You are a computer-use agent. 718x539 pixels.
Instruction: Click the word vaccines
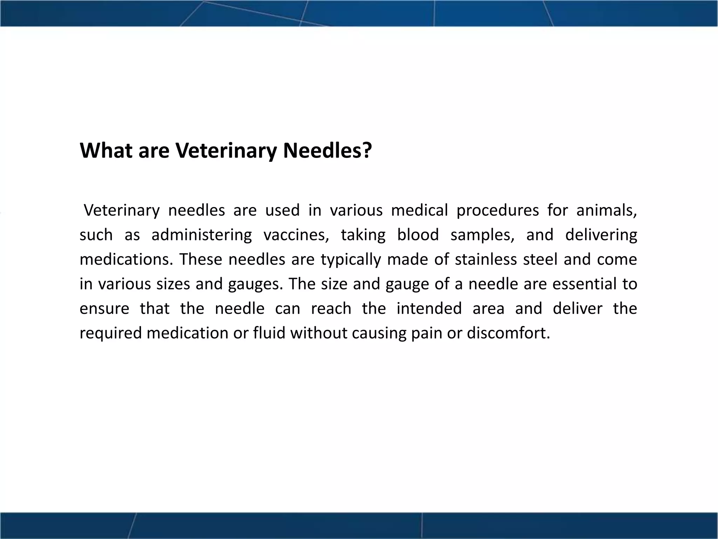(x=296, y=235)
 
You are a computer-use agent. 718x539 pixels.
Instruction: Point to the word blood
(x=418, y=235)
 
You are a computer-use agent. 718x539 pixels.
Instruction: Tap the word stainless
(x=486, y=259)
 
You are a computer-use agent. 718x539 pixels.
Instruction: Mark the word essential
(x=584, y=284)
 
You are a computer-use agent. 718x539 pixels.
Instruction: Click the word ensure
(x=104, y=308)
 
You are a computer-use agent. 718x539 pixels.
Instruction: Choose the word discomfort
(x=508, y=333)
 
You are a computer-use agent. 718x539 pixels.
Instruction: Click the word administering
(x=202, y=235)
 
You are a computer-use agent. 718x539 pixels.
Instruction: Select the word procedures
(x=497, y=210)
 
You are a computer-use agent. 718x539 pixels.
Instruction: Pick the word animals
(x=606, y=210)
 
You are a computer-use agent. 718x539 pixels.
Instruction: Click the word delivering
(x=601, y=235)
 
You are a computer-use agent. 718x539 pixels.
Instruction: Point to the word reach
(x=331, y=308)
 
